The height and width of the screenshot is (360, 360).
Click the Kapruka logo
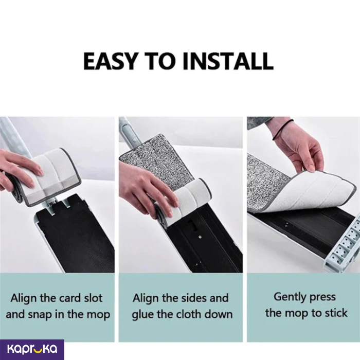(x=32, y=349)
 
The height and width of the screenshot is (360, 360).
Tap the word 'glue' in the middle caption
(x=143, y=315)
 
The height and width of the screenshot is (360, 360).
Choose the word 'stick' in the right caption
(x=336, y=313)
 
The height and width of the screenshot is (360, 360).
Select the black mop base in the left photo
(x=76, y=234)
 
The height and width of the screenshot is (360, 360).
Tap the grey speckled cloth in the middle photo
(x=156, y=160)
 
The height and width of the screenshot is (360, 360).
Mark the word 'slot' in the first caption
(x=93, y=298)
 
